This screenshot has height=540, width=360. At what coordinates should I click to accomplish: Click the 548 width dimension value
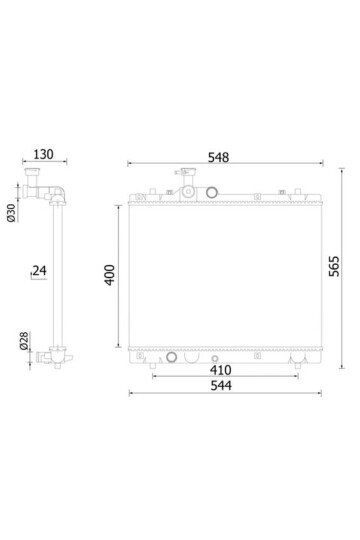point(218,157)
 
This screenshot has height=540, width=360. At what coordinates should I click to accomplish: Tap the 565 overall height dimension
point(334,266)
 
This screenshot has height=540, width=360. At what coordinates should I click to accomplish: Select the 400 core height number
point(110,275)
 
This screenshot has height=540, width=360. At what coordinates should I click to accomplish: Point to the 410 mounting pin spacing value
point(220,371)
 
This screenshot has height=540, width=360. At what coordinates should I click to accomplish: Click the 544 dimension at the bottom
point(221,386)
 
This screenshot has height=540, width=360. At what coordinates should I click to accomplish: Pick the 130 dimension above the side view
point(43,154)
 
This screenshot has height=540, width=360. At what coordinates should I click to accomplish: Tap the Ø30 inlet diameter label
point(11,213)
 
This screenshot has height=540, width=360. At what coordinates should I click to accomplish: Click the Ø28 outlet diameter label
point(24,341)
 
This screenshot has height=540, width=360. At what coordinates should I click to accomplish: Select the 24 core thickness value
point(40,271)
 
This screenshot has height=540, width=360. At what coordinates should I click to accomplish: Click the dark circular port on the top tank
point(212,192)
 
